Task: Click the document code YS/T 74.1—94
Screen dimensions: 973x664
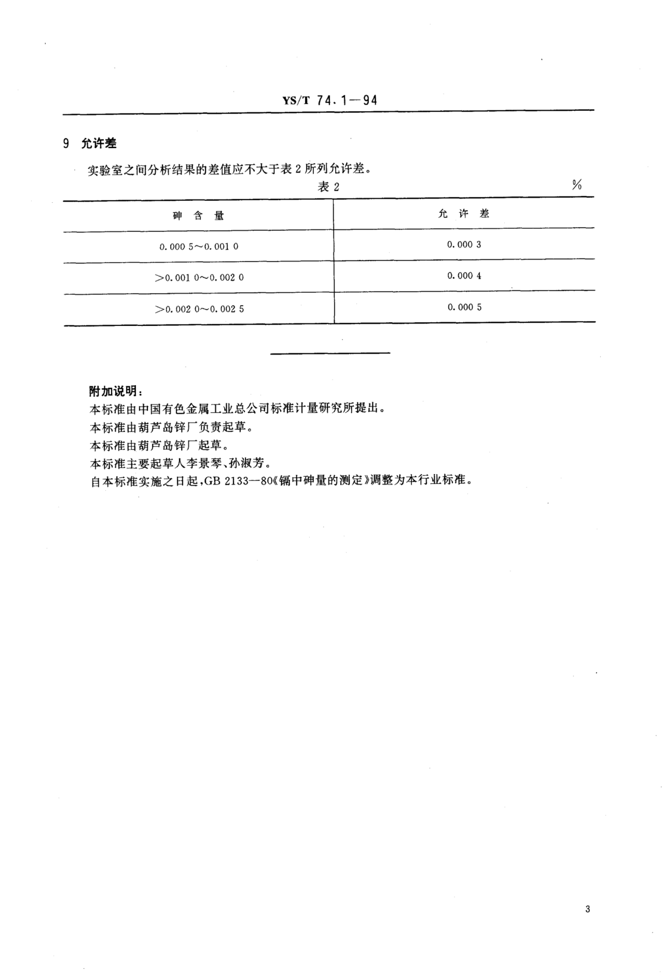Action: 330,101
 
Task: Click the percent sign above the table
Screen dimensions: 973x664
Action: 577,185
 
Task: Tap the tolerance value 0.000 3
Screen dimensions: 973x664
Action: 464,245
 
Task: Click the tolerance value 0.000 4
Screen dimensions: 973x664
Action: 464,275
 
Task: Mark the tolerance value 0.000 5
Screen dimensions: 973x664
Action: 464,307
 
